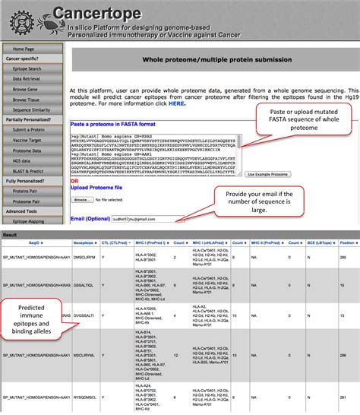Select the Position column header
(x=347, y=242)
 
